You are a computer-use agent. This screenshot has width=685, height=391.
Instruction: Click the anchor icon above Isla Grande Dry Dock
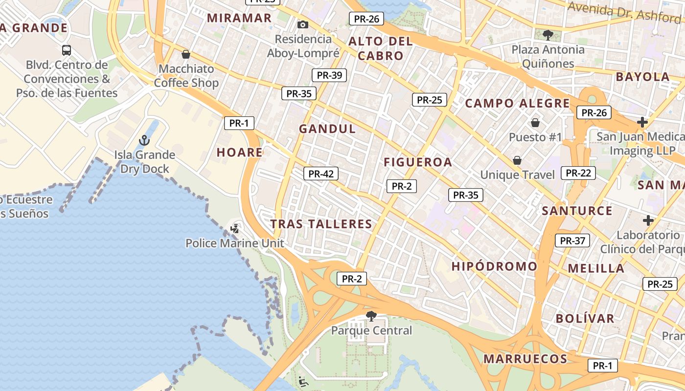point(144,141)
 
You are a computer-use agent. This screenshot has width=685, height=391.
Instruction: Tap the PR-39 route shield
point(329,75)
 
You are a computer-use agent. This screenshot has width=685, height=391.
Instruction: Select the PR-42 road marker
point(321,174)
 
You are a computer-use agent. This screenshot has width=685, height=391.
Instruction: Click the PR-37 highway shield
point(572,240)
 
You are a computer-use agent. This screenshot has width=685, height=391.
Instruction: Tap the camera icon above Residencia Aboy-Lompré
point(303,24)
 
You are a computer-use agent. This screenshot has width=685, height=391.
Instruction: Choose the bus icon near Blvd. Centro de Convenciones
point(67,50)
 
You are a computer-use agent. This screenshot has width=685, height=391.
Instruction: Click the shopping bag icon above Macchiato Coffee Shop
point(186,54)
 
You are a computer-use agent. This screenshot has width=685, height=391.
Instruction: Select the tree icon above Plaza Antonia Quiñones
point(548,35)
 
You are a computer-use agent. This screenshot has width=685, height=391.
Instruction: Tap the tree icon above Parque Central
point(371,316)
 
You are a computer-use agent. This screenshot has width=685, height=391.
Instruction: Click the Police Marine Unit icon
point(235,228)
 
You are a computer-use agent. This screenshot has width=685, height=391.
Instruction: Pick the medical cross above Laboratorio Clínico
point(648,220)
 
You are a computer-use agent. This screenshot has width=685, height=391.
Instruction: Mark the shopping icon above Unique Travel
point(517,160)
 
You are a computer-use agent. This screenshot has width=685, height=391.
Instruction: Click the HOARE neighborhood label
point(240,152)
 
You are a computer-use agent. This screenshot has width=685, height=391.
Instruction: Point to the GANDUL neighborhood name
point(327,129)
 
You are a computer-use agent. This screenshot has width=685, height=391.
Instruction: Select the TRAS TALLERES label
point(321,224)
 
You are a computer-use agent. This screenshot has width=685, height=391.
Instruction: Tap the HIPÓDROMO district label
point(494,266)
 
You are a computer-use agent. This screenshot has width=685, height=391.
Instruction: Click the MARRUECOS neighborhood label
point(525,359)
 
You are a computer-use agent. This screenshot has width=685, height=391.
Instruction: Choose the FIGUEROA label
point(418,162)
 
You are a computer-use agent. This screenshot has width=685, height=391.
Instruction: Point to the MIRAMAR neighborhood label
point(239,18)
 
